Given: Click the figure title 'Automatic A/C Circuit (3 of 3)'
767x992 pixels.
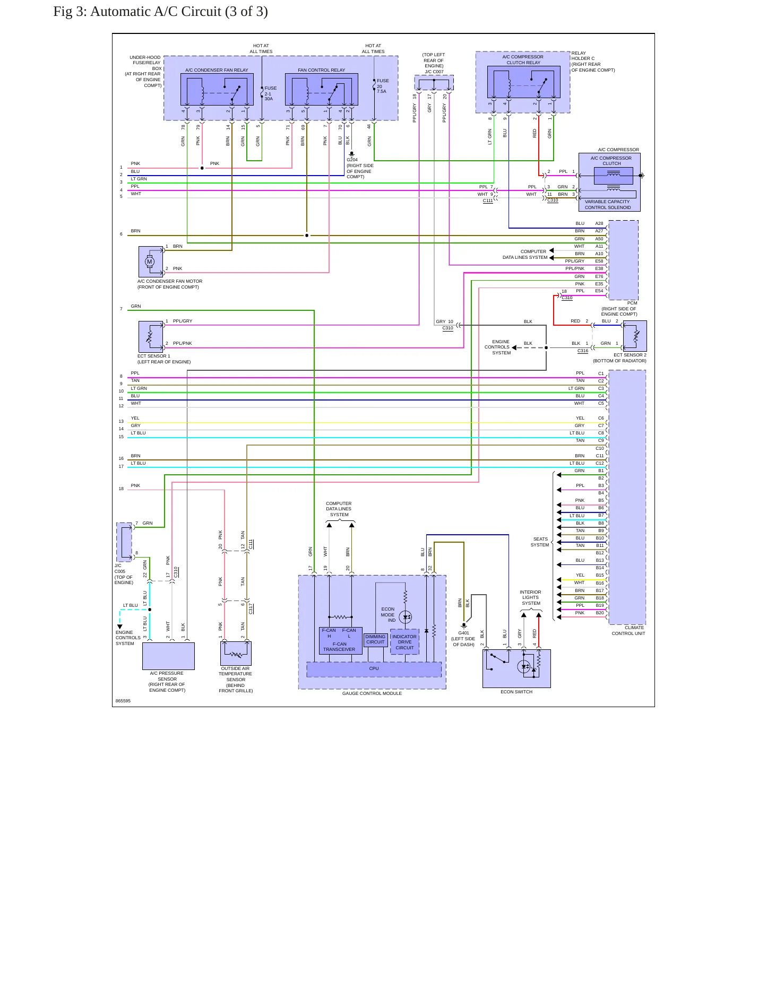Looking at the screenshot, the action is (x=179, y=12).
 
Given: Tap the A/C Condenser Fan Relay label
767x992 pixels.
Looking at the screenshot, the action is (x=217, y=70).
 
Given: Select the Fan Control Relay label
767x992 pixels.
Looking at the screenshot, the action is (x=321, y=70).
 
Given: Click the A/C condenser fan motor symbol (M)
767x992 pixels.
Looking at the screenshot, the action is (x=150, y=262).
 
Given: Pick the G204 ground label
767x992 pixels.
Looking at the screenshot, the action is (x=352, y=160).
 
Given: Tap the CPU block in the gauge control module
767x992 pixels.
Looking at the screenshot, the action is (x=374, y=669).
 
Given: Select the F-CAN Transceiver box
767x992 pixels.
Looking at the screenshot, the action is (x=340, y=641).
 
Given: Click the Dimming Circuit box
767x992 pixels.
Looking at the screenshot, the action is (x=375, y=640).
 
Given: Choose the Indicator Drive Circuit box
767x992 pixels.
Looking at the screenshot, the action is (x=404, y=642).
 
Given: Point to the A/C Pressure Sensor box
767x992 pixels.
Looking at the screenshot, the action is (x=168, y=656).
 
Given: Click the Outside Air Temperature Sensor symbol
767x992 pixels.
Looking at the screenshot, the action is (x=236, y=654).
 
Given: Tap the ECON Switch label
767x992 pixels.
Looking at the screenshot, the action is (x=516, y=692).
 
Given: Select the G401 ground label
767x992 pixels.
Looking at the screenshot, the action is (x=463, y=633).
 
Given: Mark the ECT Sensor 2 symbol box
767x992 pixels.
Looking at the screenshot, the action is (x=635, y=336).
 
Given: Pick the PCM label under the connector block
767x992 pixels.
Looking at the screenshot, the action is (x=632, y=303).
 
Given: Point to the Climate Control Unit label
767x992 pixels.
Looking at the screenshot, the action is (x=628, y=631).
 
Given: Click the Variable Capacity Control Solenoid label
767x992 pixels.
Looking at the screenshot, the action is (x=607, y=205).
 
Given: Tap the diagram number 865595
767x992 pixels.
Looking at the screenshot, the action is (x=123, y=701).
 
